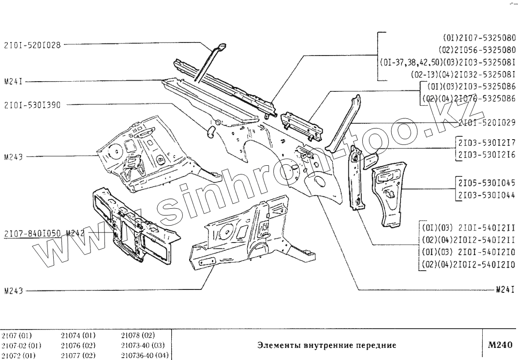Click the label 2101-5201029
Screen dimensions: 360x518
pyautogui.click(x=486, y=123)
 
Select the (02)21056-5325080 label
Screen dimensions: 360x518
pyautogui.click(x=476, y=49)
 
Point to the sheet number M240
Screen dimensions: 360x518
pyautogui.click(x=500, y=345)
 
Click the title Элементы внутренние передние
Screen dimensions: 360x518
pyautogui.click(x=327, y=345)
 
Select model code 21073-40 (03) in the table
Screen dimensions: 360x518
pyautogui.click(x=143, y=346)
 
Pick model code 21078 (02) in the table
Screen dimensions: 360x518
pyautogui.click(x=138, y=335)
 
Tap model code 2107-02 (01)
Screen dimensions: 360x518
pyautogui.click(x=21, y=346)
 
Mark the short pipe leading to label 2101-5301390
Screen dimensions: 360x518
pyautogui.click(x=211, y=130)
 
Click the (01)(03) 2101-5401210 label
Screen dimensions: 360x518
pyautogui.click(x=466, y=251)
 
